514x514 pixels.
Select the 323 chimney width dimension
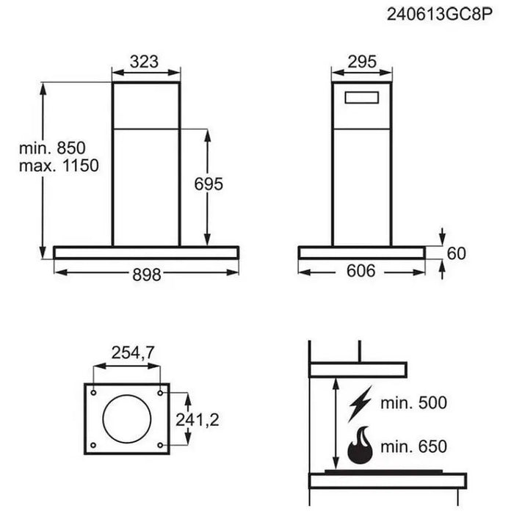point(145,62)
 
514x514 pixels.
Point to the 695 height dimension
point(208,184)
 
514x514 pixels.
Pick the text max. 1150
point(59,166)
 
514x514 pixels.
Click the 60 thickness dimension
point(456,253)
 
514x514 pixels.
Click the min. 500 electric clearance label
point(413,402)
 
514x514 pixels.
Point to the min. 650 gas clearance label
point(413,446)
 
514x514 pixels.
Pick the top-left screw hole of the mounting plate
point(93,391)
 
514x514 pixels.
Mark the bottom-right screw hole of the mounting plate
point(161,445)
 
